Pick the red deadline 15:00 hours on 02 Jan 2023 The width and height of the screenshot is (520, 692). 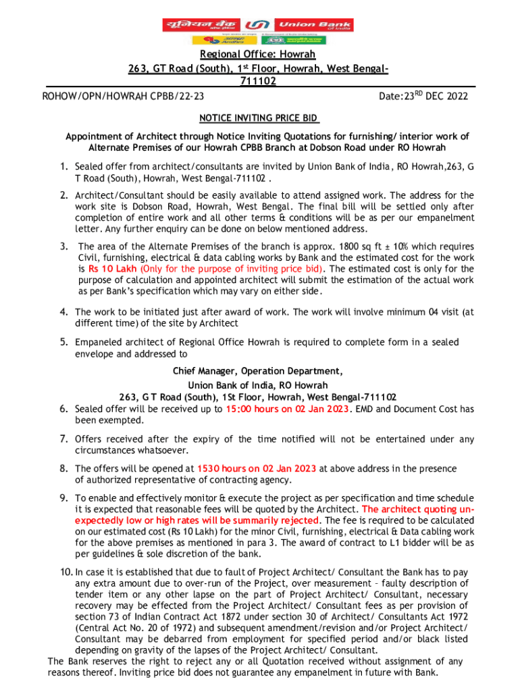288,409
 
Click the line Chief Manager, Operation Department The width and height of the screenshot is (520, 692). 257,371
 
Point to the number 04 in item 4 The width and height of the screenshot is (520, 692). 436,312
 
